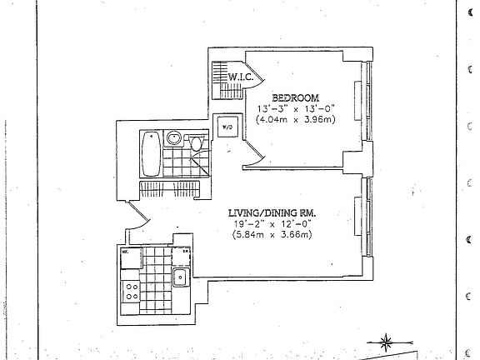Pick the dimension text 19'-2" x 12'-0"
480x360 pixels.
coord(271,223)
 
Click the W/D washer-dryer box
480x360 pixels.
coord(226,127)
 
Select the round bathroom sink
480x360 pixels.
coord(176,138)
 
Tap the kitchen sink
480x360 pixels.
coord(179,277)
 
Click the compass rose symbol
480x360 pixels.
coord(387,339)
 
